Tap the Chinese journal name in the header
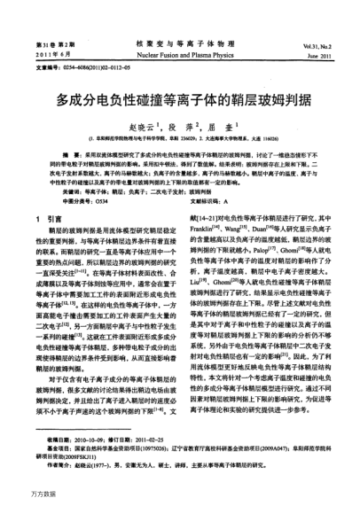[x=179, y=43]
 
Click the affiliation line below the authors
[x=180, y=138]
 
